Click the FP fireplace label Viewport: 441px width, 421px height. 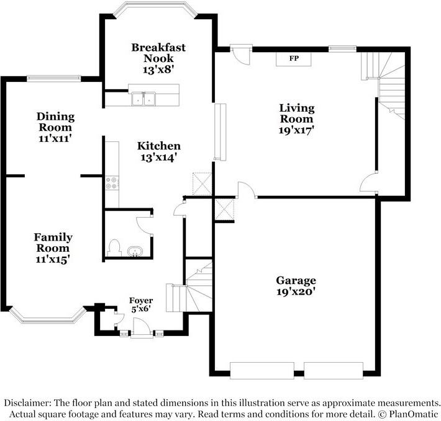coord(293,59)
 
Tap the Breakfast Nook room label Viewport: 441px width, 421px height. coord(158,53)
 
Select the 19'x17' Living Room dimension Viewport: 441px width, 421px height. coord(296,130)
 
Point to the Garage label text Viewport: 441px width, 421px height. coord(296,280)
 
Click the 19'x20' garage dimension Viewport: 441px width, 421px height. coord(296,291)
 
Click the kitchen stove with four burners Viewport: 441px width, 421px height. coord(112,183)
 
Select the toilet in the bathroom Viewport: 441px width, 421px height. coord(114,248)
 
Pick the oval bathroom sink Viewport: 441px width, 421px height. coord(135,251)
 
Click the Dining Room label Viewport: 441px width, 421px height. coord(55,117)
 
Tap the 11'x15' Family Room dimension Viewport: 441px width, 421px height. coord(52,259)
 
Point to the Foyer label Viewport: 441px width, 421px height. coord(141,301)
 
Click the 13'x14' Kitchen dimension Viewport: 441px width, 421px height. coord(158,157)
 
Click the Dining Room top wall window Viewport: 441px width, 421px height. coord(53,78)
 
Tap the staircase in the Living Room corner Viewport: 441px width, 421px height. coord(388,84)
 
